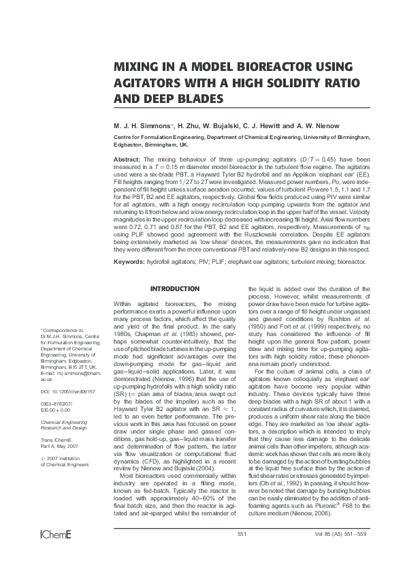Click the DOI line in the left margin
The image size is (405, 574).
[68, 393]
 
